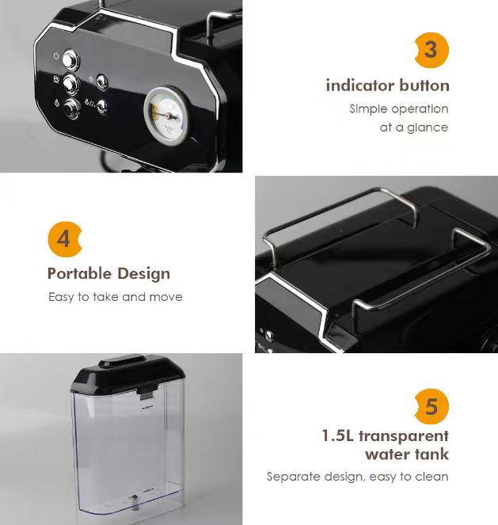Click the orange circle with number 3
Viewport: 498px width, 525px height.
[431, 51]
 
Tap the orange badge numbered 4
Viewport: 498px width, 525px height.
[65, 239]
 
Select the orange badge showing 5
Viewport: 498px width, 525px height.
[431, 406]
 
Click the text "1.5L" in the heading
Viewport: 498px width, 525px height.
[337, 436]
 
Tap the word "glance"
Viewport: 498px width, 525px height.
[428, 127]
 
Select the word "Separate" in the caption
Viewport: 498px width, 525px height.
[294, 477]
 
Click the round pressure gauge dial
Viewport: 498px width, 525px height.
[166, 112]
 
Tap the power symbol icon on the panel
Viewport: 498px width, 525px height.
[56, 56]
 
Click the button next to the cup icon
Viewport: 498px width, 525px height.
[72, 82]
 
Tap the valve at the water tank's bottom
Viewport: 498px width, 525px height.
[134, 501]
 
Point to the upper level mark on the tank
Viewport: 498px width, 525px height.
[145, 410]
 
